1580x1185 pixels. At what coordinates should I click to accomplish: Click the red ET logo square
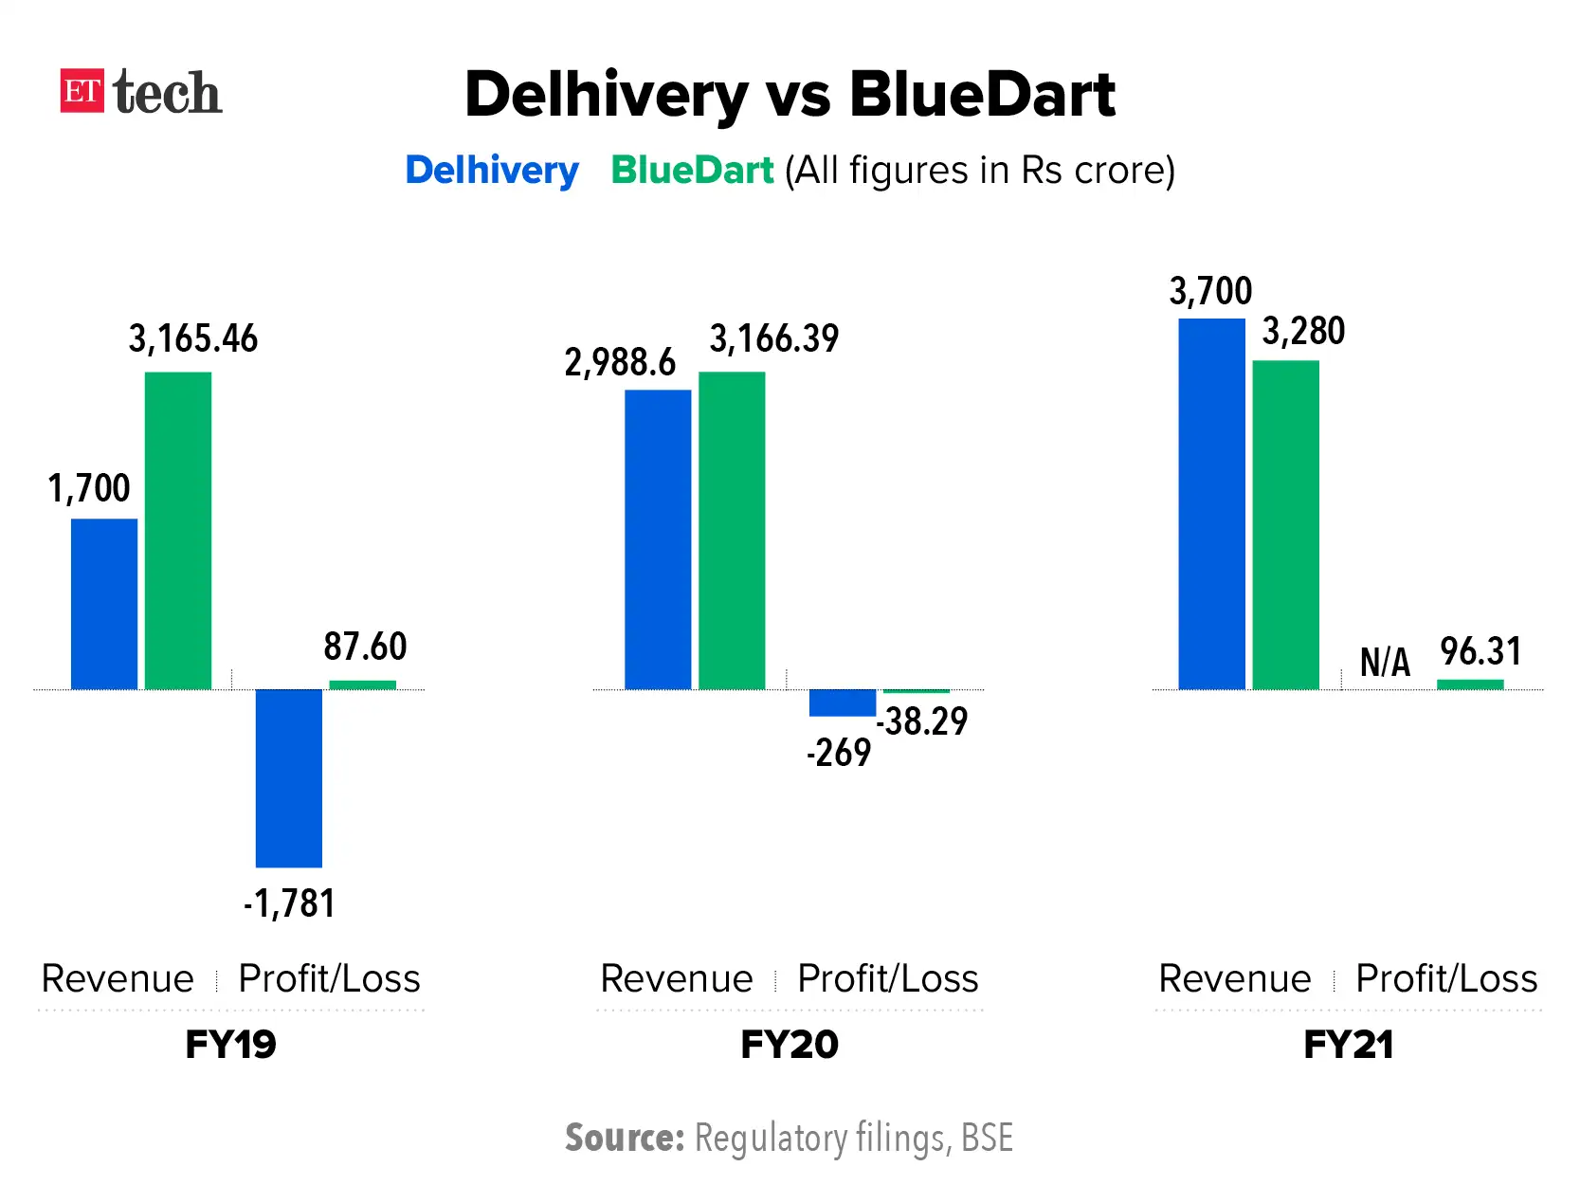click(x=82, y=91)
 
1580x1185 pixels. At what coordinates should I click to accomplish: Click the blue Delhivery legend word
click(x=491, y=171)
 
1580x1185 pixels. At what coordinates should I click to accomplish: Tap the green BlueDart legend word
click(x=692, y=171)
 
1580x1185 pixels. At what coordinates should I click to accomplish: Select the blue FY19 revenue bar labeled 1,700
click(x=104, y=604)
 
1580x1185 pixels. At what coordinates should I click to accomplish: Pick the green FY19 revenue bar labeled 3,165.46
click(x=178, y=531)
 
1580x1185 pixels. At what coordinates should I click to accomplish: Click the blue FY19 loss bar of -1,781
click(x=289, y=777)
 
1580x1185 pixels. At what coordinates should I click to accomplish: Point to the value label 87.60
click(x=365, y=647)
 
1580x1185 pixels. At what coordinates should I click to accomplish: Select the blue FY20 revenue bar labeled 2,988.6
click(x=658, y=539)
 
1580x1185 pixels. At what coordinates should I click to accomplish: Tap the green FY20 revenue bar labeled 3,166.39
click(x=732, y=531)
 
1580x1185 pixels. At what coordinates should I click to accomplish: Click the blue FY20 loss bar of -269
click(x=842, y=702)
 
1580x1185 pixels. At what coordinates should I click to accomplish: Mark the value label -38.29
click(x=922, y=721)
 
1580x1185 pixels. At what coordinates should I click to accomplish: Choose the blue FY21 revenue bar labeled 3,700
click(x=1211, y=504)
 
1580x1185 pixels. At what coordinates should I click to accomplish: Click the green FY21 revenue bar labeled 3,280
click(x=1285, y=525)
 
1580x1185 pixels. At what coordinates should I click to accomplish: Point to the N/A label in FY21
click(x=1385, y=662)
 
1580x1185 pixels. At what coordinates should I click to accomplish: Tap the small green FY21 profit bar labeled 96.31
click(x=1470, y=684)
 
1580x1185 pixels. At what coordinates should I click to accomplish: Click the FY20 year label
click(x=789, y=1045)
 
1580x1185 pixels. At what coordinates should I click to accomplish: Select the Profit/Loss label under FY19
click(x=329, y=978)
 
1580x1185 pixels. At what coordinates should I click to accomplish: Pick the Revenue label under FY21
click(x=1234, y=978)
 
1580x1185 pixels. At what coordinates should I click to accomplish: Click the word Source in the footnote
click(x=624, y=1138)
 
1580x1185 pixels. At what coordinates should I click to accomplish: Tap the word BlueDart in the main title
click(x=982, y=95)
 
